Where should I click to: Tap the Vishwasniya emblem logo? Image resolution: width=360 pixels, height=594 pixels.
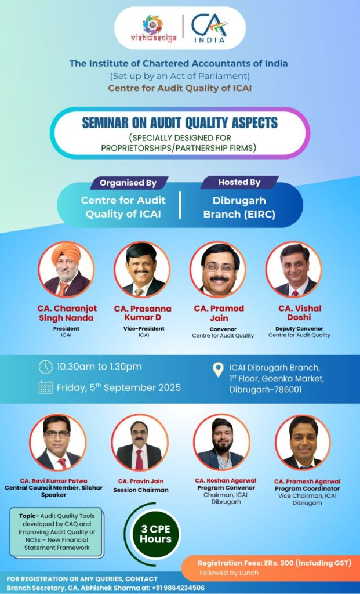[154, 28]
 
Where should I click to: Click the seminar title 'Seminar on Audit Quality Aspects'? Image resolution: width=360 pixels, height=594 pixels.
[180, 123]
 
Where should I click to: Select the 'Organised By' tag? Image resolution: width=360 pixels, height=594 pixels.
[128, 183]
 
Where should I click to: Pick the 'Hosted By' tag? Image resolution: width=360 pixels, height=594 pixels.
[239, 182]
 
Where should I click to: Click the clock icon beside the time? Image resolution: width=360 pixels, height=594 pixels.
[45, 367]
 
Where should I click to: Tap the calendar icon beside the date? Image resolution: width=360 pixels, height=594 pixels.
[46, 387]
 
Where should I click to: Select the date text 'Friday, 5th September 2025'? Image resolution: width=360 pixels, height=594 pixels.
[118, 387]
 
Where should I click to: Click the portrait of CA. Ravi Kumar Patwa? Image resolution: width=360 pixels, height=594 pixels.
[57, 443]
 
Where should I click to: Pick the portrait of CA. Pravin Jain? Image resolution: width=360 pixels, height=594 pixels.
[139, 443]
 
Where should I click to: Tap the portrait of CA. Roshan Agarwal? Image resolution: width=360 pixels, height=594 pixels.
[221, 443]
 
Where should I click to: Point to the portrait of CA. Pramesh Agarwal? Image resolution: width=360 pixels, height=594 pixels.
[303, 443]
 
